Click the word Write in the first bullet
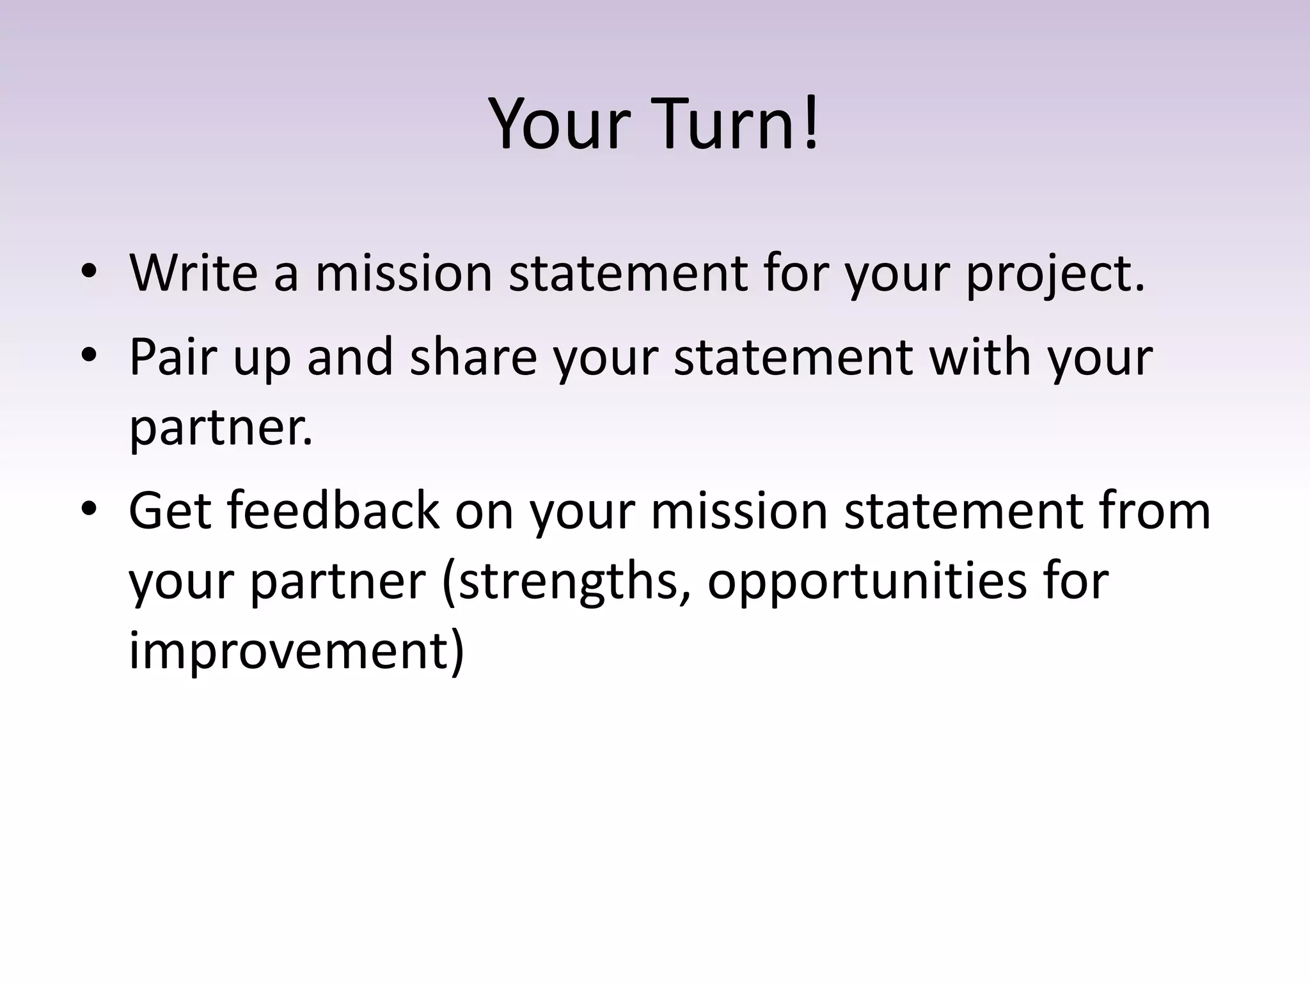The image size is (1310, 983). [x=193, y=273]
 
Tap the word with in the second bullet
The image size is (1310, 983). [x=979, y=357]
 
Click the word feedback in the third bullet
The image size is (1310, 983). [x=333, y=511]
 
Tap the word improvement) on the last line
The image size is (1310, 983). [x=296, y=651]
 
